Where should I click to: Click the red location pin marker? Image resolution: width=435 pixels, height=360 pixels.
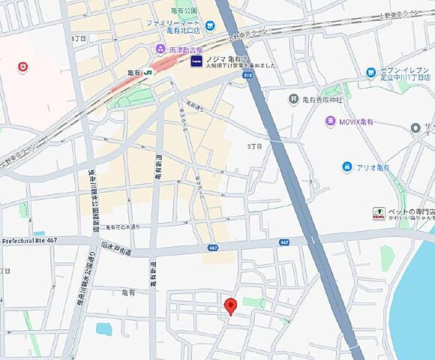pyautogui.click(x=231, y=305)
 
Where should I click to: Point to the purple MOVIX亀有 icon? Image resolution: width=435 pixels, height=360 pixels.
pyautogui.click(x=330, y=121)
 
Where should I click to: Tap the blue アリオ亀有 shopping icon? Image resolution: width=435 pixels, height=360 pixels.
pyautogui.click(x=346, y=166)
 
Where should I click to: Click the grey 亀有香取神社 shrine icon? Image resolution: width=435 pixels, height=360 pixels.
pyautogui.click(x=293, y=99)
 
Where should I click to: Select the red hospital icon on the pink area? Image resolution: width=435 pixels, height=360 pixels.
pyautogui.click(x=23, y=67)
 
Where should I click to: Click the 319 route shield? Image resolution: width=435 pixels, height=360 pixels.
pyautogui.click(x=246, y=75)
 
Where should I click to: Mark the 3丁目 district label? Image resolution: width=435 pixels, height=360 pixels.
pyautogui.click(x=255, y=147)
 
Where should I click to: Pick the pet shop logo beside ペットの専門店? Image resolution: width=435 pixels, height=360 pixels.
pyautogui.click(x=379, y=214)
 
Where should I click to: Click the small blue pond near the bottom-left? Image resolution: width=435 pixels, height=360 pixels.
pyautogui.click(x=103, y=328)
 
